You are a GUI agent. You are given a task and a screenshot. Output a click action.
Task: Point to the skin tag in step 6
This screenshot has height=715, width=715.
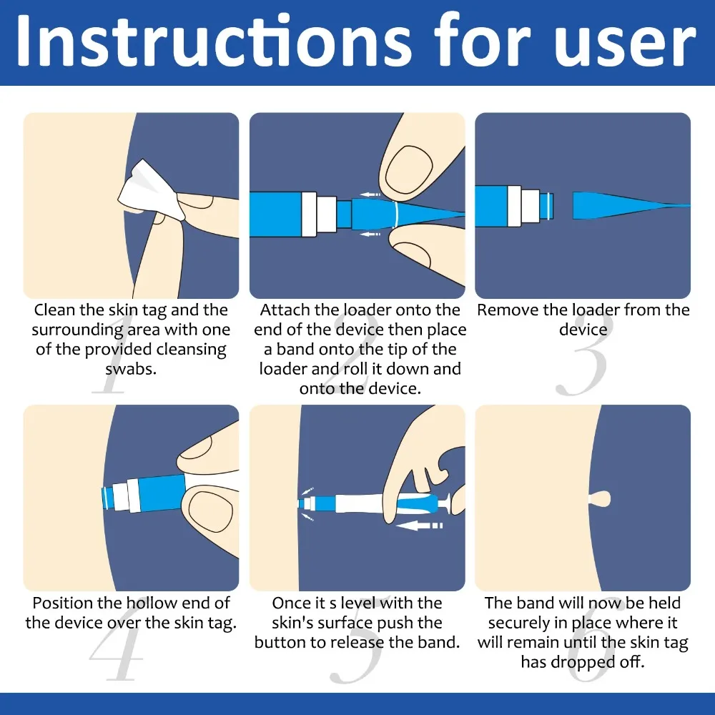(596, 497)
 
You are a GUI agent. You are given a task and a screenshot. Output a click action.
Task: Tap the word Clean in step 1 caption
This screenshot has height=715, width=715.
(56, 310)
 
